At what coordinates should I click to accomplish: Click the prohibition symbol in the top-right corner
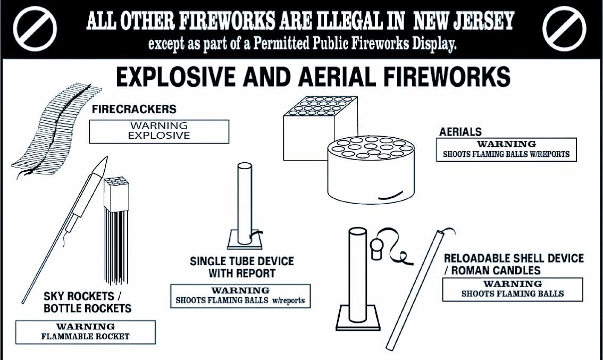565,29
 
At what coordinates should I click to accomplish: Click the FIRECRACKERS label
134,109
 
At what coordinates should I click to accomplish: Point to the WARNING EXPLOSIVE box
159,131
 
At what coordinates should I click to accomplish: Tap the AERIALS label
460,132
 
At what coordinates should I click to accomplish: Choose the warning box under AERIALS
506,149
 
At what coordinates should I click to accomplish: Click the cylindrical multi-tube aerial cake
372,170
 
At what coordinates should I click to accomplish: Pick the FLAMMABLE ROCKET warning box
86,332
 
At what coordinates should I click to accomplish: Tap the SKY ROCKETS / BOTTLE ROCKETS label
87,303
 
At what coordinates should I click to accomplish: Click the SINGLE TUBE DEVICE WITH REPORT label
241,267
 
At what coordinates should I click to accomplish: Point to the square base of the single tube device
245,240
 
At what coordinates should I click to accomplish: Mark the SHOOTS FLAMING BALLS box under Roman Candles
513,289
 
